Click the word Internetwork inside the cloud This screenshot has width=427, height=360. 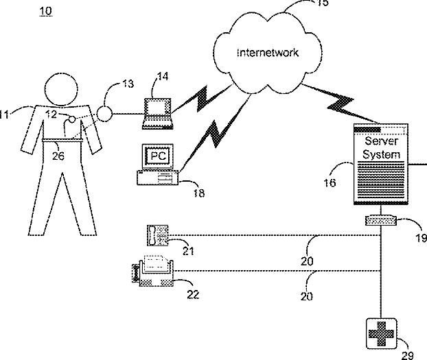[x=268, y=53]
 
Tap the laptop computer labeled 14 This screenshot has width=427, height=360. [x=158, y=113]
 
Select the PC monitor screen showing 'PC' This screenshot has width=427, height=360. [x=158, y=156]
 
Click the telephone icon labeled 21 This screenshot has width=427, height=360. [x=158, y=235]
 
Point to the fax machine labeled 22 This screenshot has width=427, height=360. [x=153, y=272]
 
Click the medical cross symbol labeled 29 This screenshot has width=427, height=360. [x=381, y=334]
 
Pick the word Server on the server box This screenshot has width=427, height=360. [x=381, y=141]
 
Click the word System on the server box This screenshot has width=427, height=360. [x=381, y=154]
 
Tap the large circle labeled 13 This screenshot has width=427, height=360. [x=104, y=114]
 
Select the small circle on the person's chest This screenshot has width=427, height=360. [x=72, y=119]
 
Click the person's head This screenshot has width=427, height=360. [x=61, y=89]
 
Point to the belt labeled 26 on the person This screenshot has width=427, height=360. [x=62, y=140]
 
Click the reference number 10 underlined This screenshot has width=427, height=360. [x=46, y=11]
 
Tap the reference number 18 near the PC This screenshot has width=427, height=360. [x=199, y=193]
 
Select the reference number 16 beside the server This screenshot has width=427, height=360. [x=330, y=182]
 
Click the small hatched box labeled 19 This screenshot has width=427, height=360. [x=381, y=220]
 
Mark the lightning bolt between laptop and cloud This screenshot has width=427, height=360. [x=202, y=99]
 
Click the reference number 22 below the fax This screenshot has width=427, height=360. [x=193, y=294]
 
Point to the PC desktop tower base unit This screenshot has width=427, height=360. [x=158, y=178]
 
